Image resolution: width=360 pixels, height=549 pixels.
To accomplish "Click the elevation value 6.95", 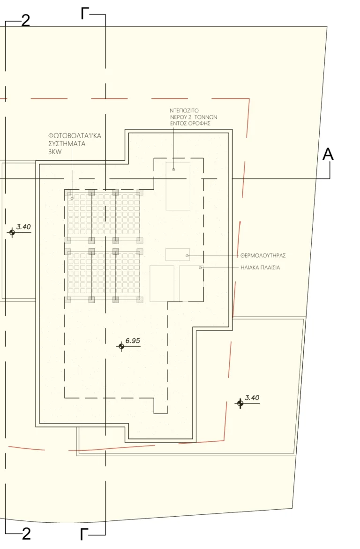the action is pos(133,341).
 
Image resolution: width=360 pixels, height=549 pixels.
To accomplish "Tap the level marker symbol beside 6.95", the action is pos(121,347).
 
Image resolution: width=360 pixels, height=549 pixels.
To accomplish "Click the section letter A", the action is pos(328,154).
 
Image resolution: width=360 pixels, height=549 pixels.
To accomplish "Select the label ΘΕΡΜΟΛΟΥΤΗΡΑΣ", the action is pos(263,256).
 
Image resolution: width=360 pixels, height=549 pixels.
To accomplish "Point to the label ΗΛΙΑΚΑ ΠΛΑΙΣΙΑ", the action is pos(260,267).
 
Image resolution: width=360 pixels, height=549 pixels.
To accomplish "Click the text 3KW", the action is pos(55,152).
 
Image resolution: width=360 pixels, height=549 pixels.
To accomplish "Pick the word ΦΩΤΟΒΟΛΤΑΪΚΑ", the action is pos(75,135).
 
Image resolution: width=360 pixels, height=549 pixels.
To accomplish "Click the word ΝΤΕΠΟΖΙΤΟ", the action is pos(184,111).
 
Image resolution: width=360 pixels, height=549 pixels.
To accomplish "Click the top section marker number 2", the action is pos(26,22).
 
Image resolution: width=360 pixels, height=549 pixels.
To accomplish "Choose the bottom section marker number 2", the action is pos(26,534).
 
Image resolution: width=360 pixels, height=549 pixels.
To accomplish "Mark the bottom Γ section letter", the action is pos(84,534).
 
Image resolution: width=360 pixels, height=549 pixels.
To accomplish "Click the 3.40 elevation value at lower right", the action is pos(252,398).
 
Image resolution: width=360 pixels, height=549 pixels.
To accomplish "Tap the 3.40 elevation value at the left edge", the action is pos(23,227).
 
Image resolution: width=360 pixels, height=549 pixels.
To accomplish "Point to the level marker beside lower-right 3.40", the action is pos(240,404).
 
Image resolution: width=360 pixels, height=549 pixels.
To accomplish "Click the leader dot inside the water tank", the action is pos(173,170).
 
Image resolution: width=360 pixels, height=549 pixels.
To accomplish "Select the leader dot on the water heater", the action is pos(187,256).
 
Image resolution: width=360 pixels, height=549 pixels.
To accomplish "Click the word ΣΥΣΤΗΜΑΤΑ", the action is pos(67,143).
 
